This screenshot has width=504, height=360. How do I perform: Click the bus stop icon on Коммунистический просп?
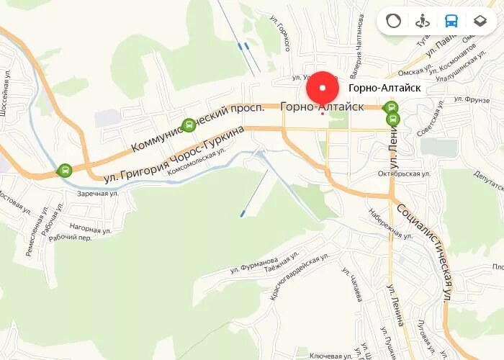click(189, 126)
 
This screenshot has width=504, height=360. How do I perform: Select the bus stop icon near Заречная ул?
click(65, 171)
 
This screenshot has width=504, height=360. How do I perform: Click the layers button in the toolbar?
click(480, 21)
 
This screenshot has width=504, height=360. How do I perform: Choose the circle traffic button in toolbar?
click(393, 21)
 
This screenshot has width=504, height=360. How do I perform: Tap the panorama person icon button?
click(423, 21)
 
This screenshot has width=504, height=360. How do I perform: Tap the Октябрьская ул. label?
click(405, 174)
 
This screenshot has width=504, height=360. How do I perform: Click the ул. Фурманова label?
click(253, 265)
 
